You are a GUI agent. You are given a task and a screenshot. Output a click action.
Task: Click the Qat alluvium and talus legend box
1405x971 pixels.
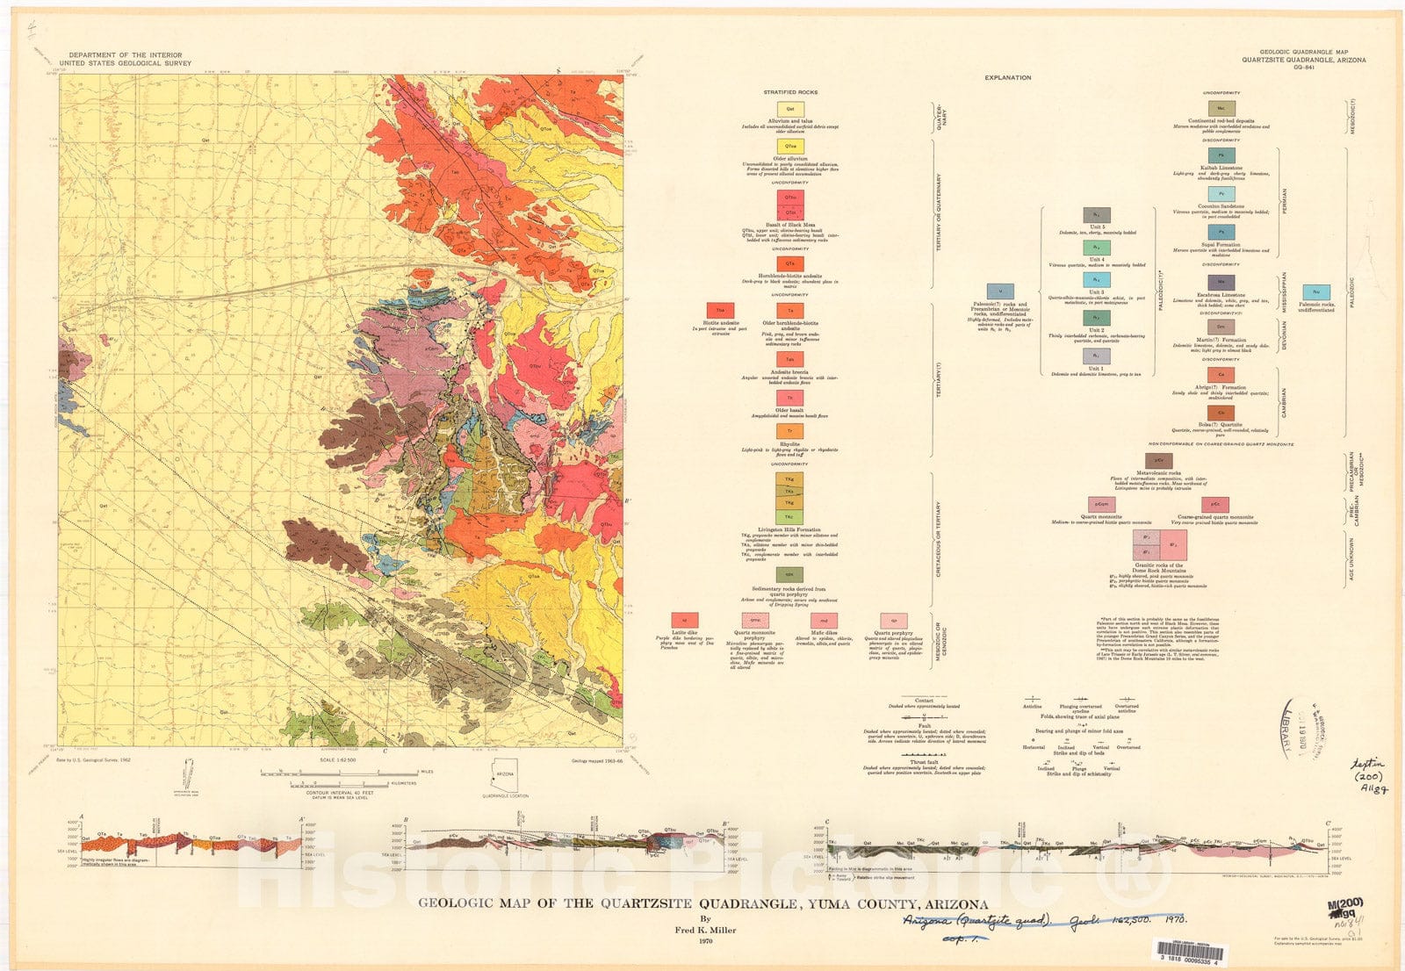790,110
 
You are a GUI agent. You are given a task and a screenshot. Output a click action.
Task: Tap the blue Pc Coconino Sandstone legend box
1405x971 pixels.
1221,194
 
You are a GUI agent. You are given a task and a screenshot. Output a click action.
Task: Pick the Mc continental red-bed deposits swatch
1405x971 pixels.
1221,108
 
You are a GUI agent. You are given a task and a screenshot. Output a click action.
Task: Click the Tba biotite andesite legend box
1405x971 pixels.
720,311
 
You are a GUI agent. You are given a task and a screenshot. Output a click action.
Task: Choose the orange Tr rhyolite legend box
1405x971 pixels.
790,431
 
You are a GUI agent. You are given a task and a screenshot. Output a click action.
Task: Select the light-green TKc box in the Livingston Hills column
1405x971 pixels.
790,517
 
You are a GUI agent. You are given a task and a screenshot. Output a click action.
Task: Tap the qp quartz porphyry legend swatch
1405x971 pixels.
893,621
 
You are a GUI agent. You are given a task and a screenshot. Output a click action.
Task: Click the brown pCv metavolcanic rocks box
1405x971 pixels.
1159,460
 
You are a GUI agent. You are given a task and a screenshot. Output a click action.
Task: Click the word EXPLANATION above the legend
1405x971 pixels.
1007,77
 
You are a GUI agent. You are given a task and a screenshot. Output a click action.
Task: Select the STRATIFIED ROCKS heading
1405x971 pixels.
790,92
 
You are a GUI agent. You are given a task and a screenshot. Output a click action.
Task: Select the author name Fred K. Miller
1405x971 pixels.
705,930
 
